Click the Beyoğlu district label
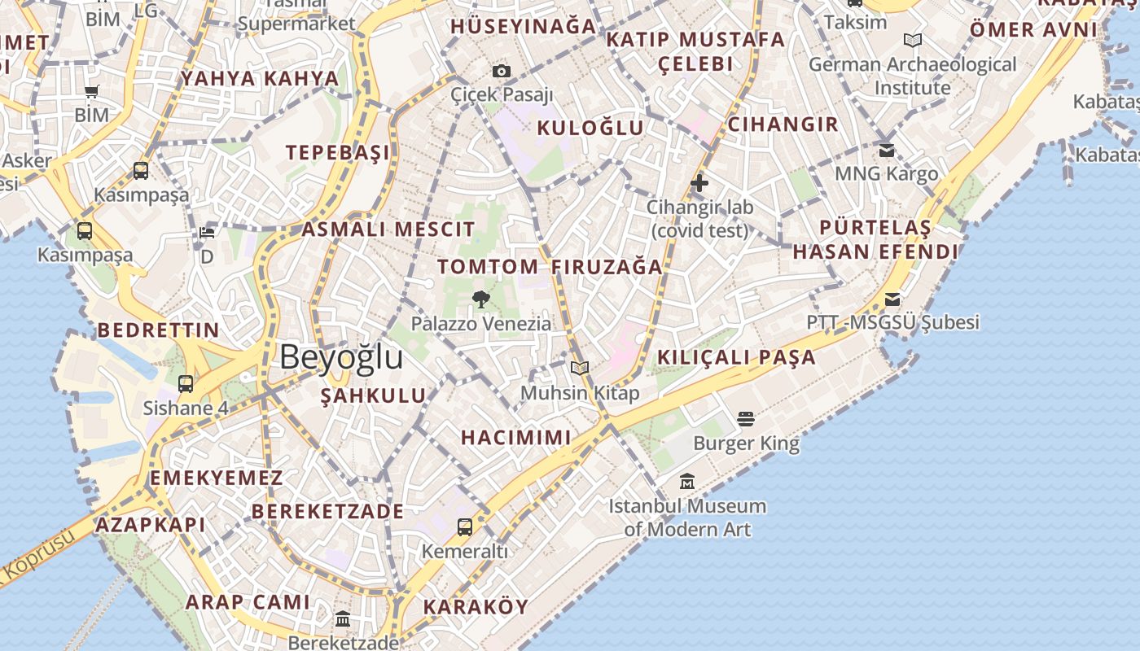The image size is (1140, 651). point(341,357)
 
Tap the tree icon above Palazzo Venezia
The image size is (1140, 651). point(481,299)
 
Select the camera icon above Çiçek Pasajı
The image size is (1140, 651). point(502,72)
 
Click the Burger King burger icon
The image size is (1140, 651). point(746,419)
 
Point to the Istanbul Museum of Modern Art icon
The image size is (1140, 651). point(687,482)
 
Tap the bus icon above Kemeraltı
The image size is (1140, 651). point(464,527)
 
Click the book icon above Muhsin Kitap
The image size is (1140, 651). point(580,369)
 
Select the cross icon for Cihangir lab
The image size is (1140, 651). point(699,184)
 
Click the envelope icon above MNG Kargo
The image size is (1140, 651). point(887,150)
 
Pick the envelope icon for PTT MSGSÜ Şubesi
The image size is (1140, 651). point(892,299)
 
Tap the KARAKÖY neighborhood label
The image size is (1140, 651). point(476,607)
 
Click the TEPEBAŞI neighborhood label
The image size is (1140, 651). point(337,153)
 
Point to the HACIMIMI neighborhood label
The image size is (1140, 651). point(516,438)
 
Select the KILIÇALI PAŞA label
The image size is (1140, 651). point(736,357)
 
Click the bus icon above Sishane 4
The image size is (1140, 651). point(186,384)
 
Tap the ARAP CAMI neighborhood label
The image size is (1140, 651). point(248,602)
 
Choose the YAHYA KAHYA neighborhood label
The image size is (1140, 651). point(260,79)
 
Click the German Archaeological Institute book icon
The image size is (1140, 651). point(913,41)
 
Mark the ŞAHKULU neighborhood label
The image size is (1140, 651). point(373,396)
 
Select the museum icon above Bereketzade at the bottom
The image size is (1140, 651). point(342,619)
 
